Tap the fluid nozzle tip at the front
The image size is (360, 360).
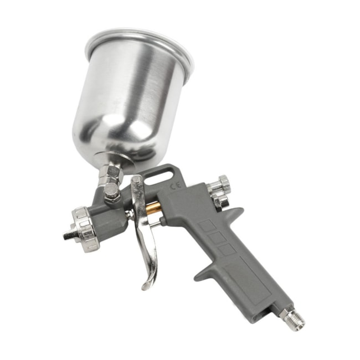67,235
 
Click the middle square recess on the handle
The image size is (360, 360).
216,238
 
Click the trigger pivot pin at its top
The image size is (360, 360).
136,182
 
